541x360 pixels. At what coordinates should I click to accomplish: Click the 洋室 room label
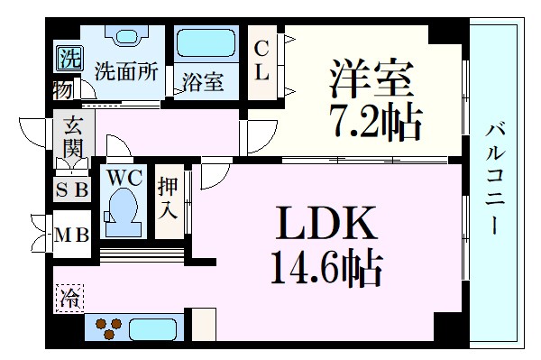(371, 79)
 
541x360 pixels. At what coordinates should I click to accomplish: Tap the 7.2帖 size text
(376, 122)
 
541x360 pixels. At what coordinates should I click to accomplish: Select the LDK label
(326, 223)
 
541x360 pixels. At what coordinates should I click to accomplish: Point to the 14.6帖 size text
(326, 267)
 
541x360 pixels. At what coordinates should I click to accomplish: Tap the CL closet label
(261, 60)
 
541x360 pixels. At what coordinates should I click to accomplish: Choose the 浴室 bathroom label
(203, 82)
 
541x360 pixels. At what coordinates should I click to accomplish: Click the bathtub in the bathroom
(206, 42)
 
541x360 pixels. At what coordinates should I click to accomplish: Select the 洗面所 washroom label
(126, 71)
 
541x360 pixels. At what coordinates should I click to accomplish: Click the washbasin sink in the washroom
(127, 36)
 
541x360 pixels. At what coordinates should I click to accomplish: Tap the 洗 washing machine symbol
(70, 58)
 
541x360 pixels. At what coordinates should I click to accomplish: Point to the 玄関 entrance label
(74, 136)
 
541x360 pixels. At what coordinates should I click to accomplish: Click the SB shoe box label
(72, 189)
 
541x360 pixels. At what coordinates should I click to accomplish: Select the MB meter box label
(72, 235)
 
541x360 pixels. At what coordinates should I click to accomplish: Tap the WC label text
(124, 178)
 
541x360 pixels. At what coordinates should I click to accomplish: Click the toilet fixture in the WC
(123, 213)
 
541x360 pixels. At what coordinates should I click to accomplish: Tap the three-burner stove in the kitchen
(109, 328)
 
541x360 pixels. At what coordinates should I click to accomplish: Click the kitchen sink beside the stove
(153, 329)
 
